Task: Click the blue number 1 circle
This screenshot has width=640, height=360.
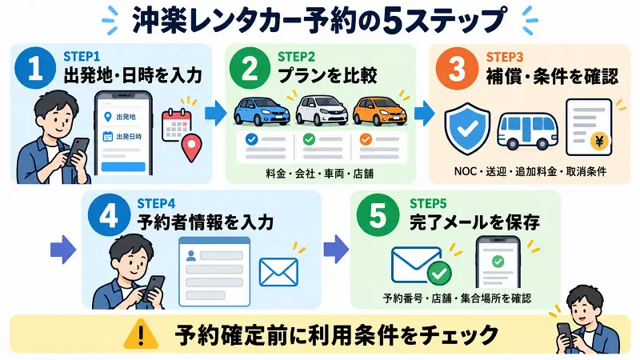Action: tap(35, 68)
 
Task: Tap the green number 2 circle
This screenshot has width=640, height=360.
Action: tap(250, 68)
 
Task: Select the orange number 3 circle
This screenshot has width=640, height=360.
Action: tap(457, 69)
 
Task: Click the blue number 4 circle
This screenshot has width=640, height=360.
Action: tap(109, 215)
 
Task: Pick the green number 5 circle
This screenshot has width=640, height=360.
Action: tap(378, 215)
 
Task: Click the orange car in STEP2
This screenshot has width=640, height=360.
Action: tap(379, 110)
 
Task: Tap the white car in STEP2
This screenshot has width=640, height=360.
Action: tap(322, 110)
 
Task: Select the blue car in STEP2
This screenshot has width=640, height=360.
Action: tap(262, 111)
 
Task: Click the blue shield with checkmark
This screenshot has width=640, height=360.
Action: tap(467, 129)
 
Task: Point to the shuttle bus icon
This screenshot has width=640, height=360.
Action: tap(527, 131)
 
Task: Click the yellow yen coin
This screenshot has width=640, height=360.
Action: tap(599, 142)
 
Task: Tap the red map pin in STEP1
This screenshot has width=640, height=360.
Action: tap(191, 149)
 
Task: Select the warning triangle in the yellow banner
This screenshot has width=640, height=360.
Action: tap(141, 334)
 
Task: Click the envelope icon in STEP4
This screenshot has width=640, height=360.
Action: tap(278, 272)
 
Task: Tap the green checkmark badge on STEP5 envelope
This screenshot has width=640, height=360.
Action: tap(439, 273)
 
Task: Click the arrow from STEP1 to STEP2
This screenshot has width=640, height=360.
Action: tap(215, 113)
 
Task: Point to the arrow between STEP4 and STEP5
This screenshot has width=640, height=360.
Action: tap(336, 249)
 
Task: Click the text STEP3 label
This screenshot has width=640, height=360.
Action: tap(505, 57)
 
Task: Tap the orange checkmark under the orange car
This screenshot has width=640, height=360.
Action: tap(366, 139)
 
